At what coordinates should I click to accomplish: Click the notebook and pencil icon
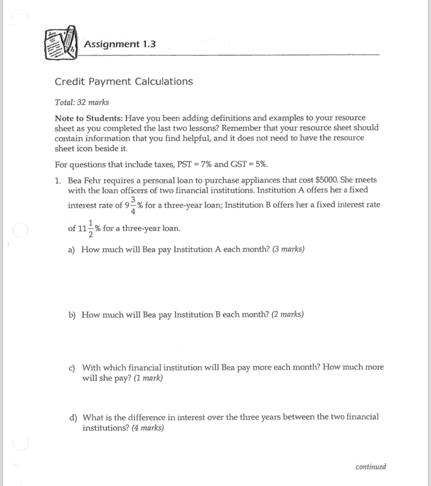click(62, 43)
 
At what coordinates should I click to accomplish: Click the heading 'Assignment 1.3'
click(120, 44)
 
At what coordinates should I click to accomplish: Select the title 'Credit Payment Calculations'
click(124, 81)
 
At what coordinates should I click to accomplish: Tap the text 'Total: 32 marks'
click(82, 102)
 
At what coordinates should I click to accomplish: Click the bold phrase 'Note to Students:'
click(88, 118)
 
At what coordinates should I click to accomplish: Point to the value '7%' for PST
click(206, 164)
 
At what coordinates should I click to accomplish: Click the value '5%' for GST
click(261, 164)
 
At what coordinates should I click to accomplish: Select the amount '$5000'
click(326, 180)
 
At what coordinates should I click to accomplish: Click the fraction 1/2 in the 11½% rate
click(91, 228)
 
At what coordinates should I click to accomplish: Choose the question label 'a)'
click(72, 250)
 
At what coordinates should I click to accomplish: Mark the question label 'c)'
click(73, 368)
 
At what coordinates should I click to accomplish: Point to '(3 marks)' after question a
click(288, 249)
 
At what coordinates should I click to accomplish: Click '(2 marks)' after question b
click(287, 315)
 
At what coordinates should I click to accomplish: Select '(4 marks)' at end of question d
click(148, 428)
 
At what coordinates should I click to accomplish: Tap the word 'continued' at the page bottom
click(371, 467)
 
